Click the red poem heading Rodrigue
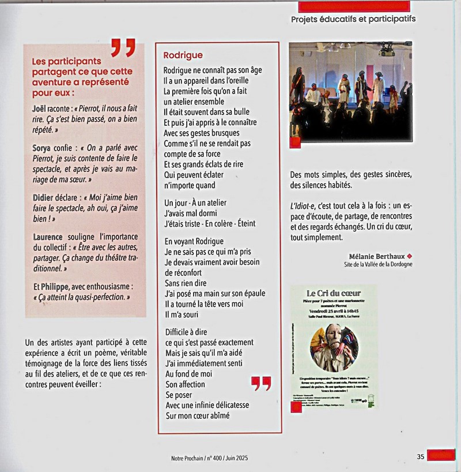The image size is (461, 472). tap(183, 55)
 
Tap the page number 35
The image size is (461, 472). tap(421, 456)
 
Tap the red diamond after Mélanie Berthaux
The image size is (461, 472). tap(410, 255)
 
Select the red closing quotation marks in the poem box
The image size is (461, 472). tap(262, 383)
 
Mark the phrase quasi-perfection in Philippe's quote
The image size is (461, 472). tap(97, 297)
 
